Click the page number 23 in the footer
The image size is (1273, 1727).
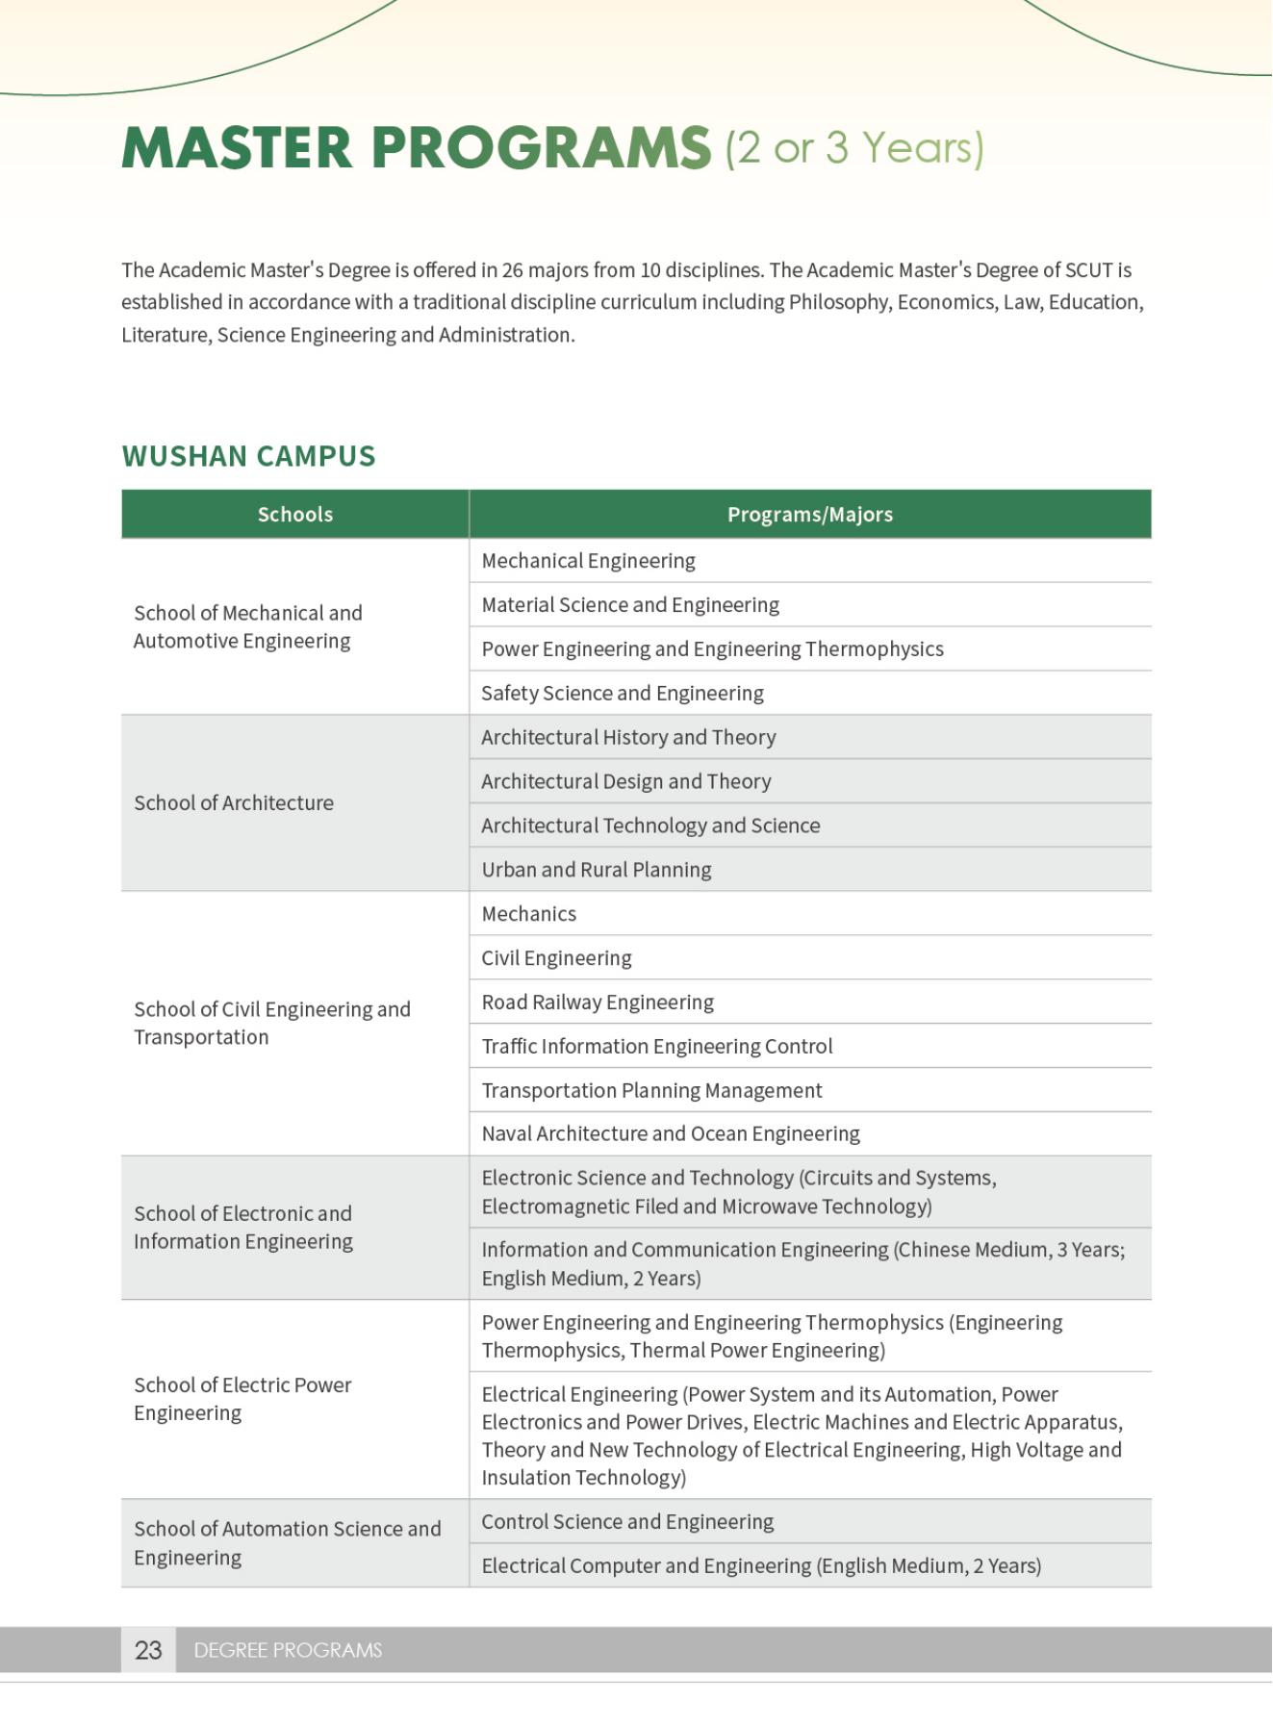point(148,1650)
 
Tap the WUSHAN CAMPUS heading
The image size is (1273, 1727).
point(248,456)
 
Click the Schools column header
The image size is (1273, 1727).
point(294,515)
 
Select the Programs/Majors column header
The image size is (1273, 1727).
point(809,515)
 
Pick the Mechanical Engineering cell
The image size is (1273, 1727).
point(588,561)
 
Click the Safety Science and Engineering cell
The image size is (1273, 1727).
point(622,694)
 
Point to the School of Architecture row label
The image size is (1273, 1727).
point(234,803)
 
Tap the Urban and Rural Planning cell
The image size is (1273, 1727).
point(596,870)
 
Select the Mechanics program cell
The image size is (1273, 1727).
point(528,914)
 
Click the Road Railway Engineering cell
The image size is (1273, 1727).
point(597,1003)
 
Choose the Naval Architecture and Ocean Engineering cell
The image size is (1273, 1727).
point(670,1134)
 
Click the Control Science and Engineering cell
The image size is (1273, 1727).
point(626,1522)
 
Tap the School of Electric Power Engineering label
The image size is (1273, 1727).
point(242,1399)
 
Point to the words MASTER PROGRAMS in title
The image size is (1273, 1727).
point(416,148)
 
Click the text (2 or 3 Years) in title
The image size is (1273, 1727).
point(854,148)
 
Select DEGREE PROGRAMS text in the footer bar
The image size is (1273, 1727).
point(288,1650)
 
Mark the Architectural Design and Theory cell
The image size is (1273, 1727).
point(625,782)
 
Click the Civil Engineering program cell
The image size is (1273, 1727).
point(556,958)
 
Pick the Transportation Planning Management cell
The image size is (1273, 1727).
point(651,1091)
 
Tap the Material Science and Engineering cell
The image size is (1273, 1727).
point(629,605)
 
